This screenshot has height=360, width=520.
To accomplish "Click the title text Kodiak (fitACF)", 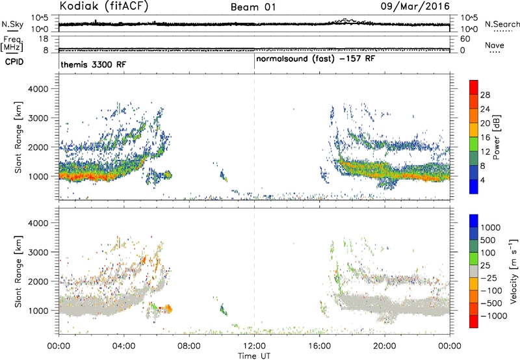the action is click(104, 6).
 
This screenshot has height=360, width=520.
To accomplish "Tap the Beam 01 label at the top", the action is click(253, 7).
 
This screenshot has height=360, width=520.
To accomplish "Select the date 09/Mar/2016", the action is click(415, 6).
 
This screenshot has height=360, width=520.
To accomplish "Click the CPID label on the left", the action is click(14, 62).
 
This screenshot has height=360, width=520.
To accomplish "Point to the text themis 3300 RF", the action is click(94, 64).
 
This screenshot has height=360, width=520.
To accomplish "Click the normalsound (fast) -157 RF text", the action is click(315, 59).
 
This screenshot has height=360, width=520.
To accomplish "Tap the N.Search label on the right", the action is click(502, 24).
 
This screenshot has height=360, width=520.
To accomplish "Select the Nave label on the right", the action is click(495, 45).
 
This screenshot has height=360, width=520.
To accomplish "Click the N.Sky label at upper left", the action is click(12, 24).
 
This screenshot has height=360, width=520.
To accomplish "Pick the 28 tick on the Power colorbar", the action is click(485, 95).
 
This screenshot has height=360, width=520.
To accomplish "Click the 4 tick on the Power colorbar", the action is click(482, 180).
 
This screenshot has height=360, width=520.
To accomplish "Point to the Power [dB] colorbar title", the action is click(497, 137).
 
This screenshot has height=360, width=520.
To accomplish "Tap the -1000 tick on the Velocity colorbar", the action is click(494, 316).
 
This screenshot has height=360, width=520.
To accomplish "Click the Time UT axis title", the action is click(254, 356).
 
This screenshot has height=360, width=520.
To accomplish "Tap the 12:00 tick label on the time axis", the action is click(254, 346).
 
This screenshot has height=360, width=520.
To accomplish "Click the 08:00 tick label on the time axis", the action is click(189, 346).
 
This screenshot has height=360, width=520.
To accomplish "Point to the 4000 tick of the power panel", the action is click(38, 89).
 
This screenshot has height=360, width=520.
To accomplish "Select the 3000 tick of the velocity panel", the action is click(38, 252).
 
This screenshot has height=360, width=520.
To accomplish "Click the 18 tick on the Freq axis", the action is click(44, 39).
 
